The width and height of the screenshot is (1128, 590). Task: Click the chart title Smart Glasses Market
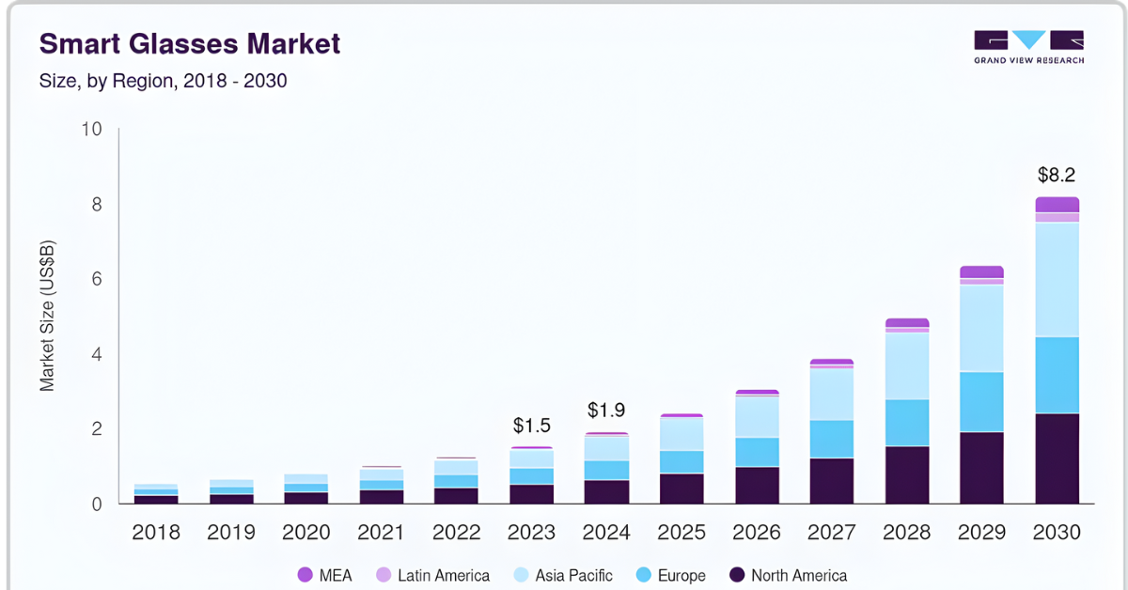point(189,43)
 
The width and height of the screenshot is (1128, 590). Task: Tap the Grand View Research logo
point(1028,47)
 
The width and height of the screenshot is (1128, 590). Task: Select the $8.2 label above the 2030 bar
point(1057,175)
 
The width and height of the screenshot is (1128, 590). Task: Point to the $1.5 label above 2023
point(531,426)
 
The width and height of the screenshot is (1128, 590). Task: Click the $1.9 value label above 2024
point(606,411)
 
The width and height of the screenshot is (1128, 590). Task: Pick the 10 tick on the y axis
point(91,130)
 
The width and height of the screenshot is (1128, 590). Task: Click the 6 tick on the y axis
point(96,280)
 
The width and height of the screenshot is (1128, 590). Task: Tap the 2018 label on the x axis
point(156,533)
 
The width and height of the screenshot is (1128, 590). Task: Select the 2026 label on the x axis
point(757,533)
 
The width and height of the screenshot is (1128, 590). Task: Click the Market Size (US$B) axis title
point(47,316)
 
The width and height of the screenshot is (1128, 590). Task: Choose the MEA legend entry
point(325,575)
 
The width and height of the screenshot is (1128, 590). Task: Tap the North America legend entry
point(788,575)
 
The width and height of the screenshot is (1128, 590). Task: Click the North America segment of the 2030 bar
point(1057,458)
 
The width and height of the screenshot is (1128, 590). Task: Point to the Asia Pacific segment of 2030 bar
point(1057,279)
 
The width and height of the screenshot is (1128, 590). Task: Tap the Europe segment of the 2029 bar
point(981,402)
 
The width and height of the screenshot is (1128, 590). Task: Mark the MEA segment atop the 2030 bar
point(1057,205)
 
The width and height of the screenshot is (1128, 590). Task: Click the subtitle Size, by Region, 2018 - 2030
point(163,81)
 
